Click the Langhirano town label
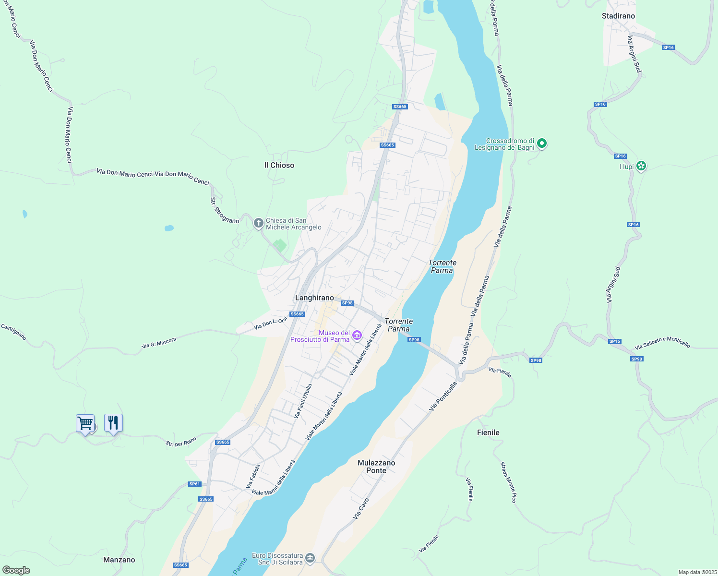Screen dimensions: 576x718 pos(314,298)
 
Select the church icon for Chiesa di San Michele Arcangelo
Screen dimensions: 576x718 pos(258,223)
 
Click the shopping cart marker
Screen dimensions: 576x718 pos(85,423)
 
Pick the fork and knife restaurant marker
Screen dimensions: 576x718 pos(113,423)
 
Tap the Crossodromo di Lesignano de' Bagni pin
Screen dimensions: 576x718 pos(542,143)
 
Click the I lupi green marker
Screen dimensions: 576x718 pos(641,166)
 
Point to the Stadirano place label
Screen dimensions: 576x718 pos(618,16)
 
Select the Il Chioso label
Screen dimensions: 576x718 pos(279,165)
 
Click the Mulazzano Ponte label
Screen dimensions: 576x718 pos(376,467)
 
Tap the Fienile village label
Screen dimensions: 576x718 pos(488,432)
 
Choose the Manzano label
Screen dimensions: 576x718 pos(119,560)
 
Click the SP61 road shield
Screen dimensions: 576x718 pos(194,484)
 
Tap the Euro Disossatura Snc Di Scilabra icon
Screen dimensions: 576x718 pos(310,558)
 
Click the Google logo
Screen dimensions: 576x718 pos(16,570)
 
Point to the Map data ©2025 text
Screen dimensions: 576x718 pos(697,572)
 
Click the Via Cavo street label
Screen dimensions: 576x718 pos(361,508)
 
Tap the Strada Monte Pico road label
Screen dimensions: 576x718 pos(508,482)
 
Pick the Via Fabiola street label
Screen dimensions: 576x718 pos(253,476)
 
